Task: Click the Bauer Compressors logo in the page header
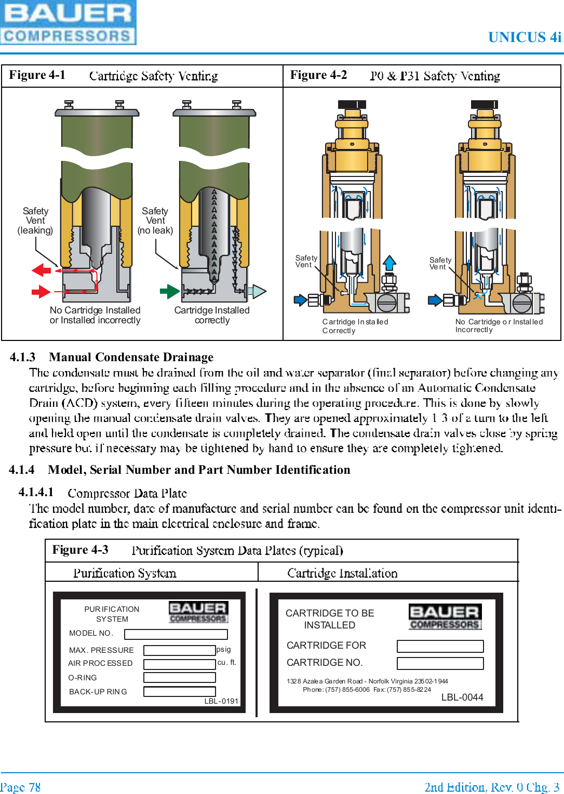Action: pyautogui.click(x=68, y=23)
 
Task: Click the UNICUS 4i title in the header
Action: pyautogui.click(x=525, y=37)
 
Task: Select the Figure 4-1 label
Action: pyautogui.click(x=37, y=75)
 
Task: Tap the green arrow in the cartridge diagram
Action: pyautogui.click(x=169, y=291)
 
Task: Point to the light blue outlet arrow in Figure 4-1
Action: pyautogui.click(x=258, y=292)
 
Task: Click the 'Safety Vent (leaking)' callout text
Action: pyautogui.click(x=35, y=221)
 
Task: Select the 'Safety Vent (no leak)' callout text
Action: pyautogui.click(x=155, y=221)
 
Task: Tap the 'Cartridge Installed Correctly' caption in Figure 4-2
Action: pyautogui.click(x=355, y=326)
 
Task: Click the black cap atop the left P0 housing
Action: pyautogui.click(x=352, y=104)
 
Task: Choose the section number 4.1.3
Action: pyautogui.click(x=23, y=357)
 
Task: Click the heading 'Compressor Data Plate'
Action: pyautogui.click(x=127, y=493)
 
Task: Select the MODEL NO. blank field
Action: pyautogui.click(x=176, y=634)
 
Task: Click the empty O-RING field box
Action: pyautogui.click(x=180, y=677)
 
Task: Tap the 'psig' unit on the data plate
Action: pyautogui.click(x=224, y=649)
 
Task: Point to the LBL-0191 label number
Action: pyautogui.click(x=221, y=701)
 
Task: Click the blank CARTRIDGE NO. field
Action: pyautogui.click(x=440, y=663)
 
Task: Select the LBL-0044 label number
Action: pyautogui.click(x=462, y=697)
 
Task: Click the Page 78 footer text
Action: pyautogui.click(x=21, y=787)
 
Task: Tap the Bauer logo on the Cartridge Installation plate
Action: pyautogui.click(x=445, y=617)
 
